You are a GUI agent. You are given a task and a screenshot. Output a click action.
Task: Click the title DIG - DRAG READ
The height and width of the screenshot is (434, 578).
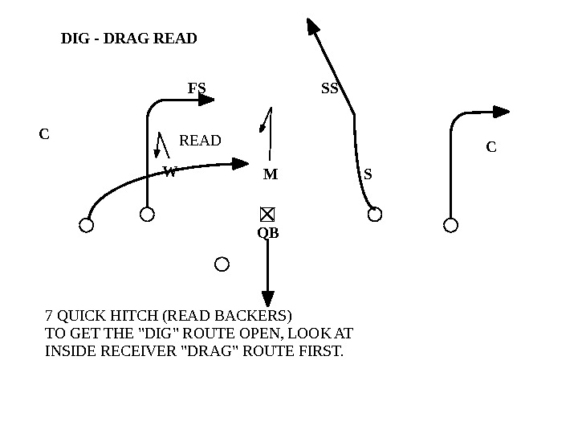[128, 39]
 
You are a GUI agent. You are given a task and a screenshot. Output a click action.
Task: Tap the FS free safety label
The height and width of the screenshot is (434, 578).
[197, 88]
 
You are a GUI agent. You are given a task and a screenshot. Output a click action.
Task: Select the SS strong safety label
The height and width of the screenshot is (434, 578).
[330, 89]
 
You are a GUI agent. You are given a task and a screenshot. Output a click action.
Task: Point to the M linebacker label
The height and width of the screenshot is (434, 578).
[271, 174]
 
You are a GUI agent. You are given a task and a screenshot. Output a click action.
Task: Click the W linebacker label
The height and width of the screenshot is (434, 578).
[169, 171]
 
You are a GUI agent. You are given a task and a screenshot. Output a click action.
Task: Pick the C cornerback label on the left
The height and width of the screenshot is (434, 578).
[45, 135]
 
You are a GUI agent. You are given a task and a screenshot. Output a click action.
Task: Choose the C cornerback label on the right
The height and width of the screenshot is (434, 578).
[491, 148]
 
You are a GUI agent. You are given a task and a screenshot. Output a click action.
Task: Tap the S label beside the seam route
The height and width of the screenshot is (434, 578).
[368, 174]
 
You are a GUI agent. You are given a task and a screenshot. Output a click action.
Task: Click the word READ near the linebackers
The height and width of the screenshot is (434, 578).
[200, 141]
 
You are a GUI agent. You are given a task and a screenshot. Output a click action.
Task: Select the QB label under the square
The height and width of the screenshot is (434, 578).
[268, 233]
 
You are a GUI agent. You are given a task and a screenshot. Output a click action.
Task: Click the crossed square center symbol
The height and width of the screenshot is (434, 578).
[267, 214]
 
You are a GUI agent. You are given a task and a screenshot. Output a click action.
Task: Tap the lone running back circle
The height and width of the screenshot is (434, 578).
[222, 264]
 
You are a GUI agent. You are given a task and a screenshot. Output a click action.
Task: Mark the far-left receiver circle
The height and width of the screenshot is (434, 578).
[87, 225]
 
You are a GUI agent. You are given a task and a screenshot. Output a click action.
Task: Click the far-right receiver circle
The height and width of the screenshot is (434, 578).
[451, 225]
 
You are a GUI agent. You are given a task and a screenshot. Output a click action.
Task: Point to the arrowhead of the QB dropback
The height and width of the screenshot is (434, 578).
[268, 299]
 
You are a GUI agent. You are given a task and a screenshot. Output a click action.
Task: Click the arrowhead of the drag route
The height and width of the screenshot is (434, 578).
[242, 163]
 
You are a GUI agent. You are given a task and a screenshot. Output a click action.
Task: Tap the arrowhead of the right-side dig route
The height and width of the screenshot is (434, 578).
[502, 112]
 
